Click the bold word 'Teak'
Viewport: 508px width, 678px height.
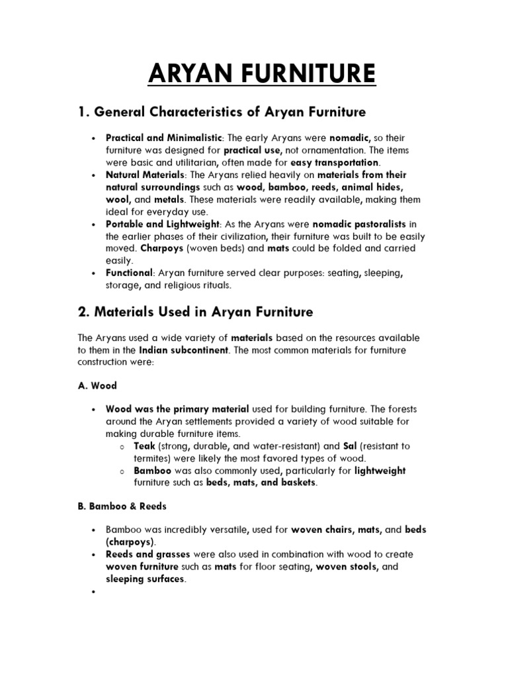click(x=144, y=446)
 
